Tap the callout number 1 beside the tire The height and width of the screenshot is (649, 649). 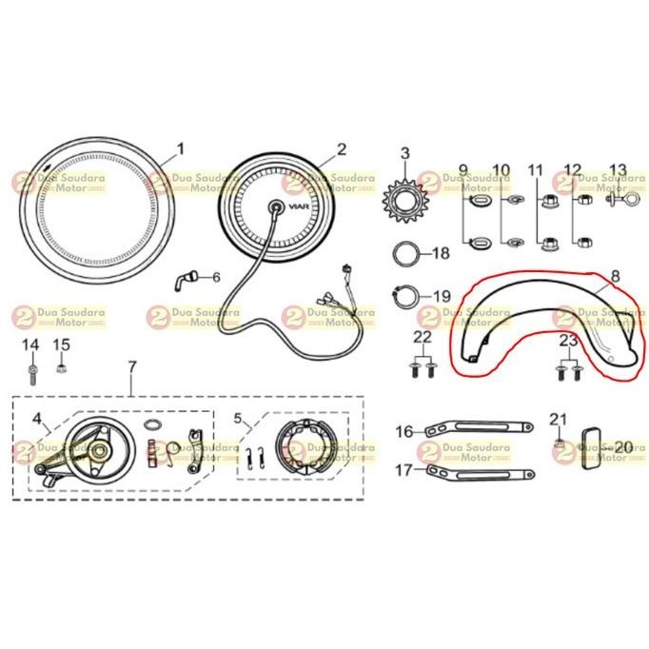point(180,148)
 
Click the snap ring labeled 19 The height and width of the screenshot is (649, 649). point(405,296)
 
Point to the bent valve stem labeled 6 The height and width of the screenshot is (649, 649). point(185,278)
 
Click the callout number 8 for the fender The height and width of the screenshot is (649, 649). point(614,276)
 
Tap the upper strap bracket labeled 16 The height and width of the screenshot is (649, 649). point(475,431)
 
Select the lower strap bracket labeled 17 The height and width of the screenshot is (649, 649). point(480,471)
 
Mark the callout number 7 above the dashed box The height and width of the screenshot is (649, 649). point(132,366)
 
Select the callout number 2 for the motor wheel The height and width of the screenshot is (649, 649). point(342,149)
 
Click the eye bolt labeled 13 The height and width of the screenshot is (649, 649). point(613,202)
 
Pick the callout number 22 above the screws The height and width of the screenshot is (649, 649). point(423,337)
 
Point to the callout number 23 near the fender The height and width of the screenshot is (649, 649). point(568,341)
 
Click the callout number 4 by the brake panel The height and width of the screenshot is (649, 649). point(36,418)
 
